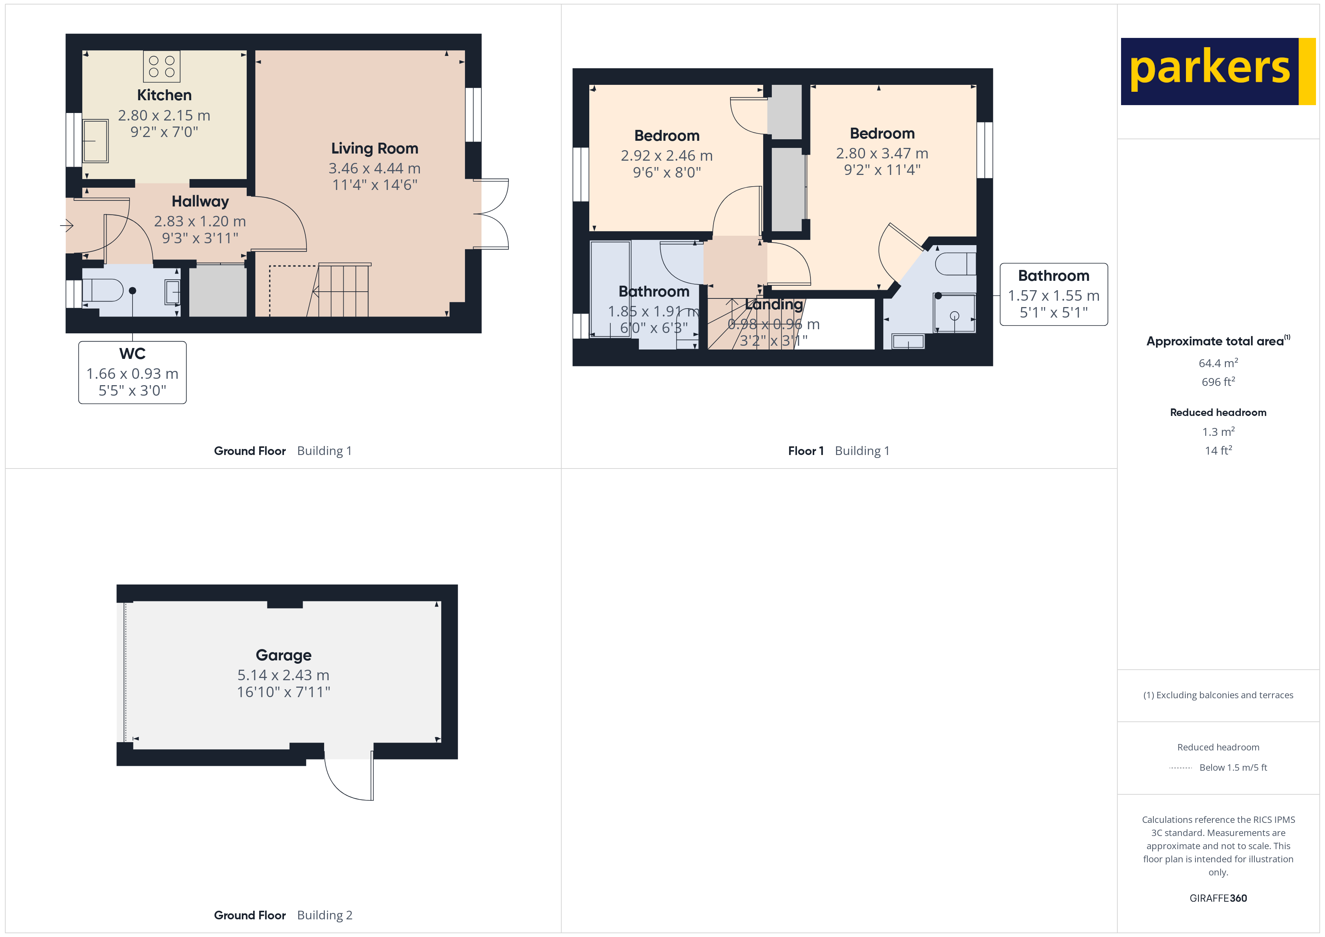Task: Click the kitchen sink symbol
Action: pos(95,141)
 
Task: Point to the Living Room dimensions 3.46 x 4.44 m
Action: pos(374,169)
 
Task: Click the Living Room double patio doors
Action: pos(492,214)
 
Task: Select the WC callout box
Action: pos(132,372)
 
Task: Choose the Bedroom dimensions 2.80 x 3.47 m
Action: pos(882,154)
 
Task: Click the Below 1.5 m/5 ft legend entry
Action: pos(1233,767)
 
